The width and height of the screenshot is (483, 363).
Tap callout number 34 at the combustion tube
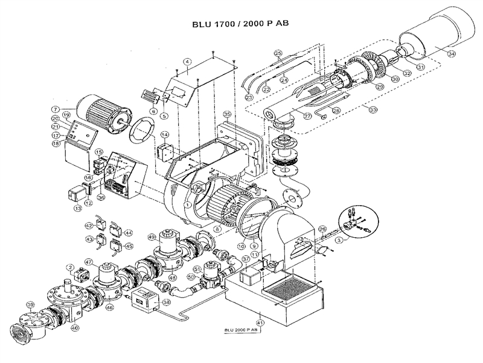(452, 53)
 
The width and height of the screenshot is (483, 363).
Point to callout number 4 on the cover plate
(188, 62)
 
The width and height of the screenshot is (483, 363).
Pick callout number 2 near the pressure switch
(70, 266)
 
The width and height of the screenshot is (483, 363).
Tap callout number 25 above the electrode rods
(278, 53)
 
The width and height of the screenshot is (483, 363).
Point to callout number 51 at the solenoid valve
(197, 269)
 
